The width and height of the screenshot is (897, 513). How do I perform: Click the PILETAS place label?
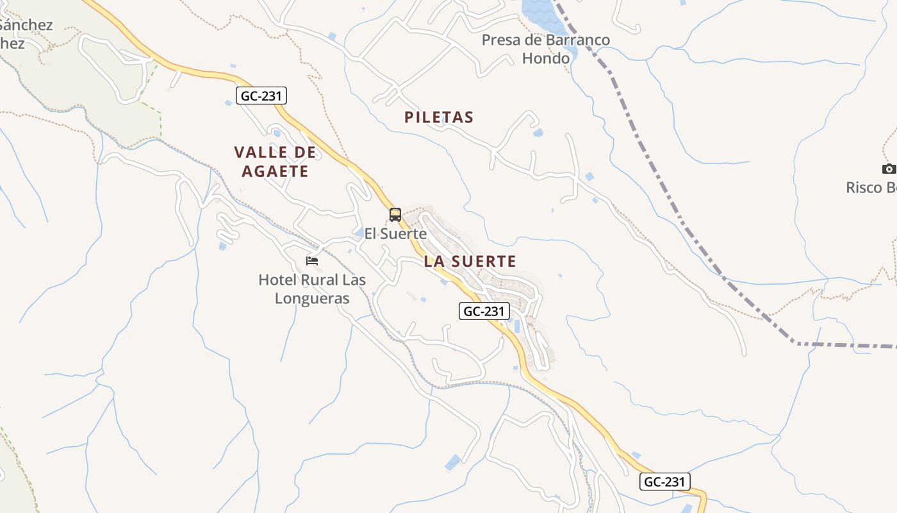(439, 117)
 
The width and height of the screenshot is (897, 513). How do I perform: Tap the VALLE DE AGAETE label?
(275, 162)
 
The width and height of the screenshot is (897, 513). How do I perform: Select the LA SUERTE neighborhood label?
(470, 262)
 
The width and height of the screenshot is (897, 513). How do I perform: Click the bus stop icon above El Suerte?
(395, 215)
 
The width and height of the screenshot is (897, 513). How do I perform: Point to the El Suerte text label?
(395, 234)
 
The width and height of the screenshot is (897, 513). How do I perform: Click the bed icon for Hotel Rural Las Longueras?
(312, 260)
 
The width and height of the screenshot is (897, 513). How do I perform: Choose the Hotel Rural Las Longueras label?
(312, 289)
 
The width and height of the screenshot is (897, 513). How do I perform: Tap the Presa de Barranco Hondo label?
(546, 49)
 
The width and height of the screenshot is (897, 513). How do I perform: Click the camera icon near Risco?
(889, 169)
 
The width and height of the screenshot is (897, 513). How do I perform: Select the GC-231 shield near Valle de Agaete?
(261, 96)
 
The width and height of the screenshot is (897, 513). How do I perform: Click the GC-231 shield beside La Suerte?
(484, 311)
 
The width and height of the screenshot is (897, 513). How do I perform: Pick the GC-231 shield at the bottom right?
(664, 482)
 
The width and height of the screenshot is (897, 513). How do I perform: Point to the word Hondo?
(546, 58)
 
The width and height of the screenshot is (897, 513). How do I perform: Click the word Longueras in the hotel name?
(312, 298)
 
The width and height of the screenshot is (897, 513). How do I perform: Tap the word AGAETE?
(275, 171)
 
